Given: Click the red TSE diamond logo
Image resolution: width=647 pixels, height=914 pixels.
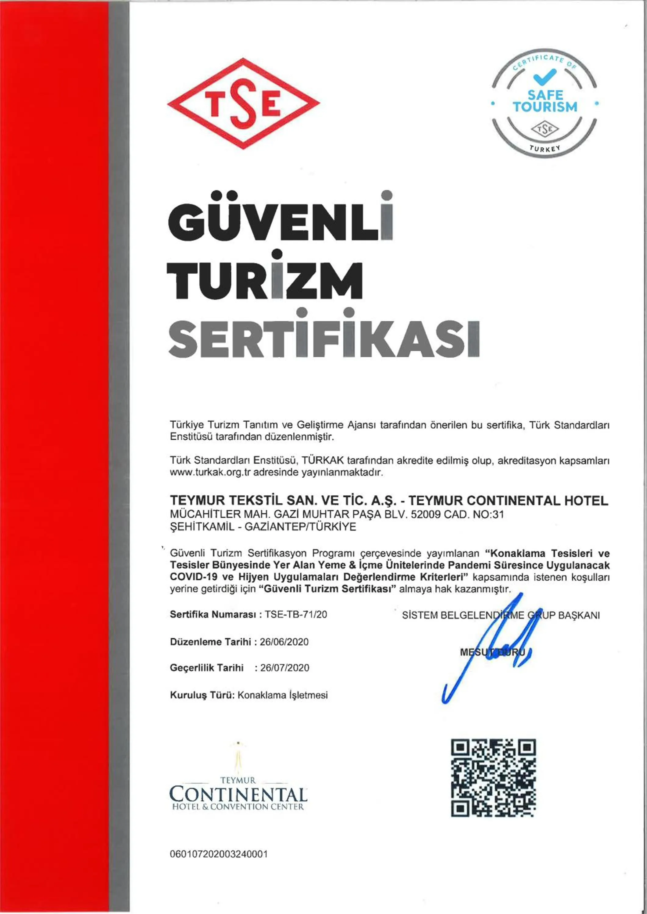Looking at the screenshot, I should point(243,104).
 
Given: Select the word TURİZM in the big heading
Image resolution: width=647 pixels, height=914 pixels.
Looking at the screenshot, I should point(265,279).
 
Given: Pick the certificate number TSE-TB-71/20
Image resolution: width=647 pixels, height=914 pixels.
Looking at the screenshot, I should point(296,614).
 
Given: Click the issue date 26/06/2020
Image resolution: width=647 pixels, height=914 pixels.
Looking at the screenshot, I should point(284,642).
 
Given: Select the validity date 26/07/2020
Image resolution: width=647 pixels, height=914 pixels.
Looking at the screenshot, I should point(284,668).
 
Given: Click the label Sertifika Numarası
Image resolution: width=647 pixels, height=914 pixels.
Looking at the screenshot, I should point(213,614).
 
